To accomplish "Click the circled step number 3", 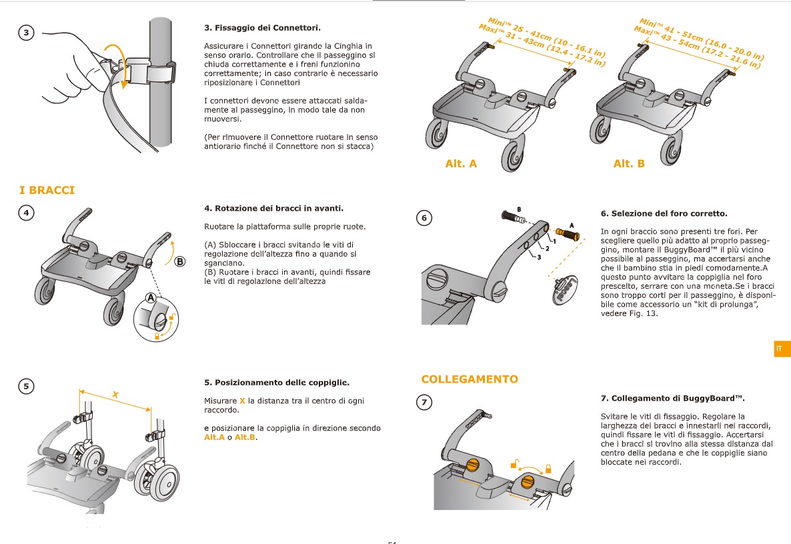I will point(26,33).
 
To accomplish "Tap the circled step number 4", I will point(26,213).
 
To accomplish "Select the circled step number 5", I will point(26,385).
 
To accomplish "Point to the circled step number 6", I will point(424,217).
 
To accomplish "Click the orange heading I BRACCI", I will point(47,191).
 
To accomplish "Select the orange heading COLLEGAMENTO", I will point(469,379).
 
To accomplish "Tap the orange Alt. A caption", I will point(461,163).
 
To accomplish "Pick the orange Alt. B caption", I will point(629,163).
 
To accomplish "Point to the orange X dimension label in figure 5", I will point(115,395).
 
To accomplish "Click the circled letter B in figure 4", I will point(179,262).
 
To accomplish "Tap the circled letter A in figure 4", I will point(151,297).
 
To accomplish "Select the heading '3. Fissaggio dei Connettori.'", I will point(262,28).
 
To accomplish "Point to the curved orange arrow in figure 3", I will point(118,63).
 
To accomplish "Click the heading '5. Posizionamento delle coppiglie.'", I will point(277,383).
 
